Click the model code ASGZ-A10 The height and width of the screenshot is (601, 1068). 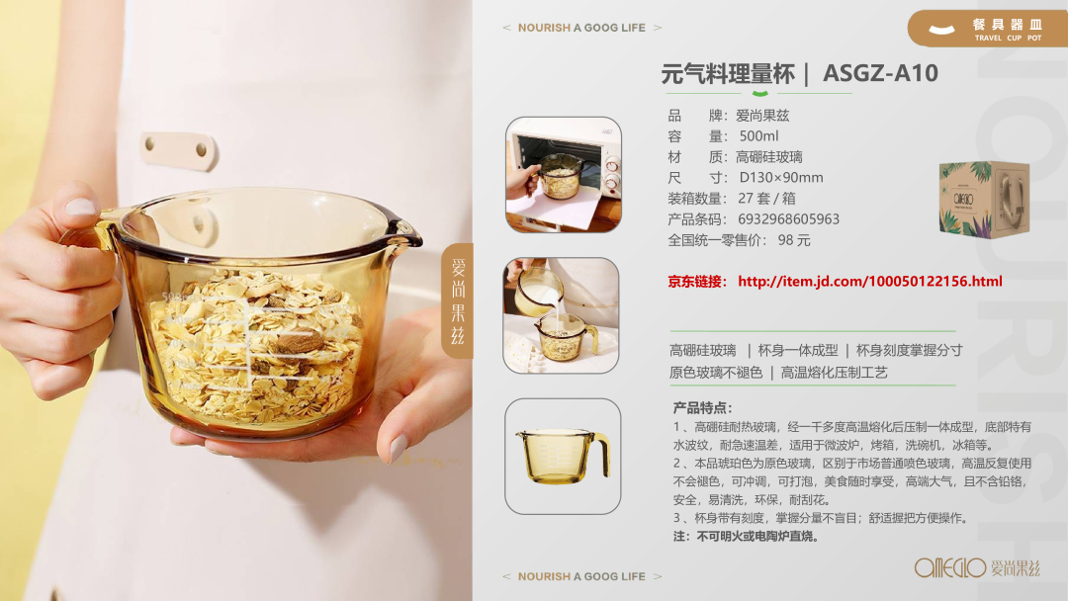click(x=880, y=73)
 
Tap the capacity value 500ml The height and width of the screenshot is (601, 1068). click(x=758, y=136)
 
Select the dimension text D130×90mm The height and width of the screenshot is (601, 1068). click(x=781, y=178)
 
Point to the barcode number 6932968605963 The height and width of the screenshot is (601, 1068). click(x=789, y=219)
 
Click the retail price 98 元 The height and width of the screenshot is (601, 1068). click(x=794, y=240)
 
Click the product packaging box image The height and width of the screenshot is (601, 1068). click(x=984, y=200)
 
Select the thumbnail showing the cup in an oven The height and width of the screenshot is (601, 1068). click(x=564, y=175)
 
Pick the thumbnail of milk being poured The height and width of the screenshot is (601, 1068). click(x=562, y=315)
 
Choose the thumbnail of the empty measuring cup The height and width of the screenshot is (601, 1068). click(x=563, y=456)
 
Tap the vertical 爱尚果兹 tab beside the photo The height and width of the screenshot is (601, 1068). click(x=458, y=300)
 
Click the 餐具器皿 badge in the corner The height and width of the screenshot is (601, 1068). click(x=988, y=29)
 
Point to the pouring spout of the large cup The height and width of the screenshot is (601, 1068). click(x=408, y=235)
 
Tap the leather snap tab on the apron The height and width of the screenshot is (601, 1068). click(x=179, y=150)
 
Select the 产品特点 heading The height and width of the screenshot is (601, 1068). click(x=702, y=407)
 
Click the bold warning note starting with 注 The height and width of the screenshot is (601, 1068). click(x=746, y=537)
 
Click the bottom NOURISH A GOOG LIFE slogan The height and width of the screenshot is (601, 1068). click(x=581, y=576)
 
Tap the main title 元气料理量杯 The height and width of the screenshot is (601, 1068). click(x=728, y=73)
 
